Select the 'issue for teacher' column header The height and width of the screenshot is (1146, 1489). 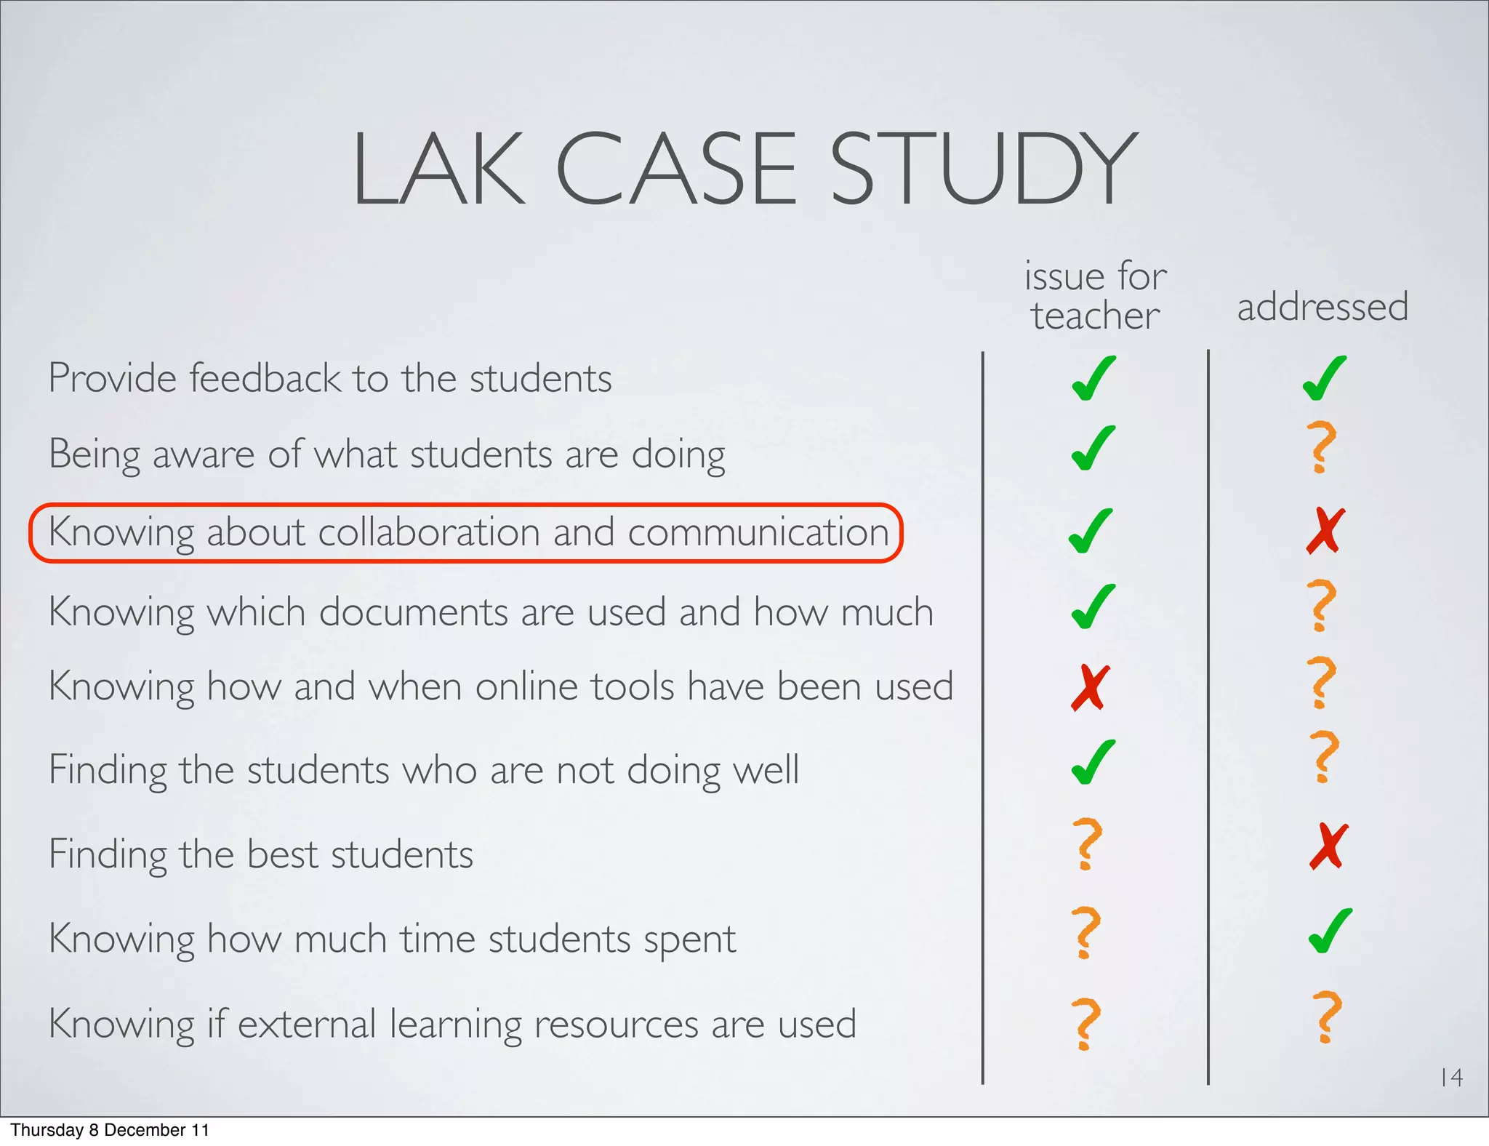(1095, 295)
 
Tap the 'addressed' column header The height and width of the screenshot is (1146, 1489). (1323, 306)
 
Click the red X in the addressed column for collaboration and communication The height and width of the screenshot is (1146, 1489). (1325, 531)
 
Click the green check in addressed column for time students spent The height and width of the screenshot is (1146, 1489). (1330, 931)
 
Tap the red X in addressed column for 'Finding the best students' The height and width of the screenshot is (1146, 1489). (1328, 846)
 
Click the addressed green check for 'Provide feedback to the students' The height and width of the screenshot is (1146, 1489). (1325, 378)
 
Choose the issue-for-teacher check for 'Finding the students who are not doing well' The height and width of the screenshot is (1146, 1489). (1093, 762)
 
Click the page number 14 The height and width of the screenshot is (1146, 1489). (1451, 1077)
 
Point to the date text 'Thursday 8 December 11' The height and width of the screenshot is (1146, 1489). (110, 1130)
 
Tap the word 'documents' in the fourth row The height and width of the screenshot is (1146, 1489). (413, 612)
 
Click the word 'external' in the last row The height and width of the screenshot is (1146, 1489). (306, 1024)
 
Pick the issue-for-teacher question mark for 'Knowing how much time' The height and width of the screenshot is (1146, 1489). (1087, 931)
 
